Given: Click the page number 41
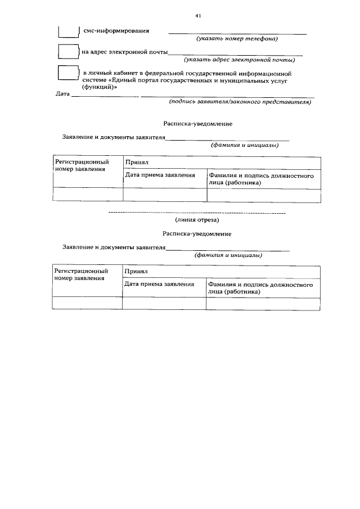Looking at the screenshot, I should coord(198,16).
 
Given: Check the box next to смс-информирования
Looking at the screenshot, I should coord(69,30).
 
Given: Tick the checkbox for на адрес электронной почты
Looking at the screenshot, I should coord(69,51).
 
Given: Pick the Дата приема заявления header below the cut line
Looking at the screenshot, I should coord(159,284).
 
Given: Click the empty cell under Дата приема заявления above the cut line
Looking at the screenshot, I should coord(165,195).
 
